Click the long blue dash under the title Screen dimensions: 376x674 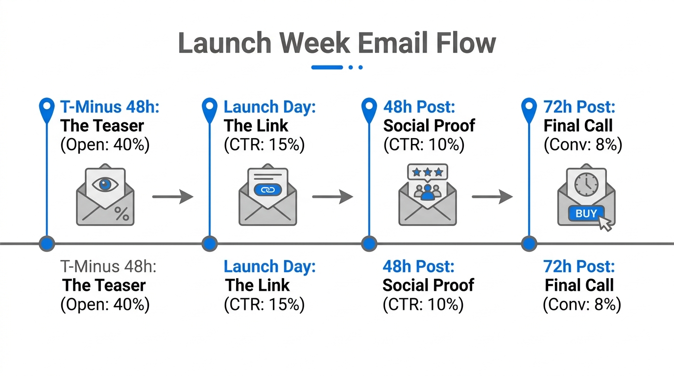click(x=327, y=67)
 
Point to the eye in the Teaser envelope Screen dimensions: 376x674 click(x=105, y=184)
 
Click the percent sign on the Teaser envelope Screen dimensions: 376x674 click(x=121, y=213)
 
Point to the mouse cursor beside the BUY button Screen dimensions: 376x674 click(x=605, y=223)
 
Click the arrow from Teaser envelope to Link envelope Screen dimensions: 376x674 click(x=173, y=197)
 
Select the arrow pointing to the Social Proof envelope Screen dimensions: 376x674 click(x=333, y=197)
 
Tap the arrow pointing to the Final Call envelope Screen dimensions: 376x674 click(x=492, y=197)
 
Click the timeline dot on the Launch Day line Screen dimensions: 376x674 click(x=209, y=243)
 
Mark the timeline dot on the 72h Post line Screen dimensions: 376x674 click(x=529, y=243)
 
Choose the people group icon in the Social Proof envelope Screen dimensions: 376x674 click(x=428, y=191)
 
